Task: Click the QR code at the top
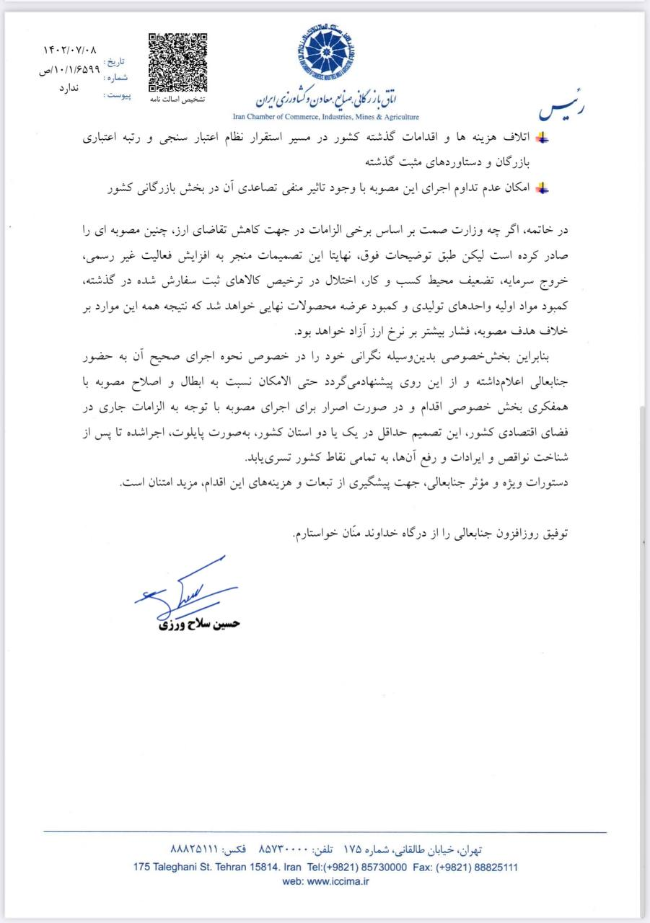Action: pyautogui.click(x=177, y=63)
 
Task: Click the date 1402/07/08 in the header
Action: pyautogui.click(x=69, y=50)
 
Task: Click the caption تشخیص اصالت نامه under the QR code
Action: pyautogui.click(x=177, y=100)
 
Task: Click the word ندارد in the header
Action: pyautogui.click(x=71, y=87)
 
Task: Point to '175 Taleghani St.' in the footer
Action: pyautogui.click(x=170, y=867)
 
